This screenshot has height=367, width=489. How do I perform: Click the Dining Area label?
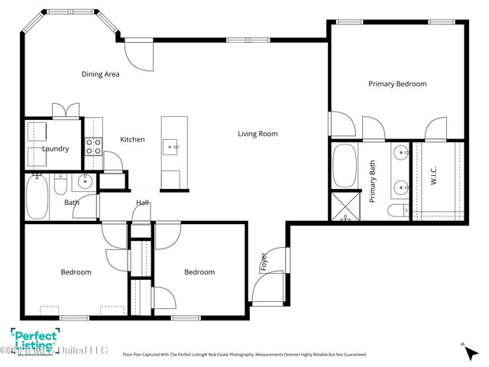coord(100,74)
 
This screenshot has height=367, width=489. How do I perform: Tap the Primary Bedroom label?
coord(397,84)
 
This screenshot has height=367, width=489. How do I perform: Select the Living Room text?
coord(257,134)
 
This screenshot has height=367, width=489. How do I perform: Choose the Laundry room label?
coord(56,149)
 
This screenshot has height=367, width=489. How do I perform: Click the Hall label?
coord(143,203)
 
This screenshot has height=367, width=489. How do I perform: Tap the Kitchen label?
coord(132,139)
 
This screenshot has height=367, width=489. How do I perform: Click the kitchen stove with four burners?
coord(93,146)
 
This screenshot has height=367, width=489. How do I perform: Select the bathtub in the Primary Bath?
coord(345,166)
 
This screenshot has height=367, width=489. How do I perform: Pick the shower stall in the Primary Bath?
coord(345,208)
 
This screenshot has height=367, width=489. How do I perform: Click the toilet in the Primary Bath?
coord(397,211)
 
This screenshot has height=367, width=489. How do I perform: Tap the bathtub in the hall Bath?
coord(37,197)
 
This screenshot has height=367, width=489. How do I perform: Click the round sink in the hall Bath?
coord(86,181)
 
